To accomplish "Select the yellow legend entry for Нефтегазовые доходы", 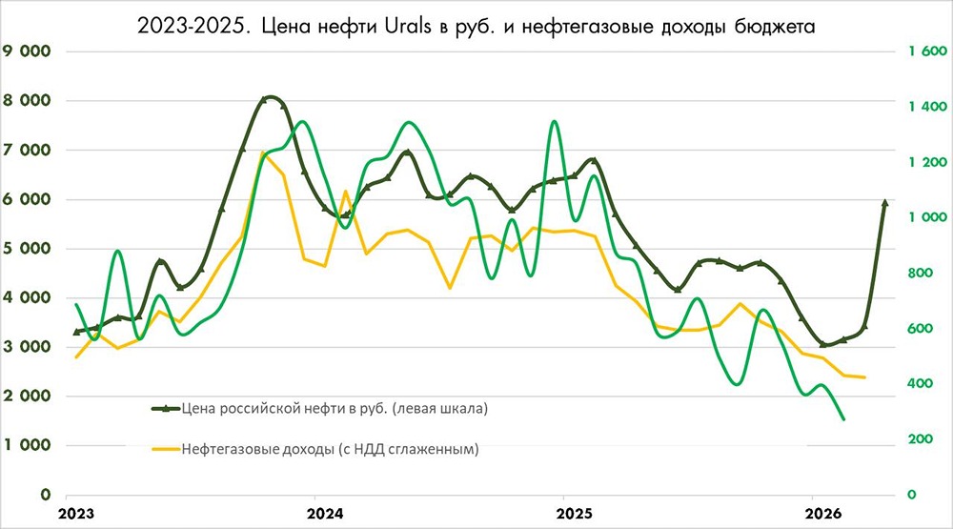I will [330, 448].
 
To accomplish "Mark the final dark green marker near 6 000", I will [884, 203].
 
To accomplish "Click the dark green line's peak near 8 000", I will [271, 97].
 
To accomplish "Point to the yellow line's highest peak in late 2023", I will [262, 153].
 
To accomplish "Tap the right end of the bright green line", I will [843, 418].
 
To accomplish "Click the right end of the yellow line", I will [864, 377].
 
